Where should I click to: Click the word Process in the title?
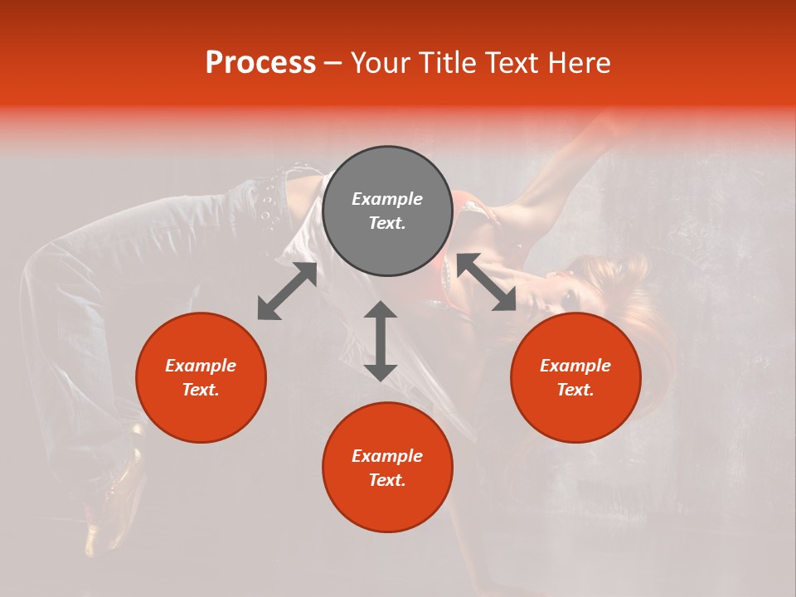[x=260, y=63]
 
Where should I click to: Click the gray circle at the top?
[x=387, y=211]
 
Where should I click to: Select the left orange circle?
[x=201, y=377]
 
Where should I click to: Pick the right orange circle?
[x=575, y=377]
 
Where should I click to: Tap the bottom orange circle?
[x=387, y=468]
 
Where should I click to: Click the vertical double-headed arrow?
[x=381, y=341]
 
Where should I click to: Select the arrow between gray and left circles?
[x=287, y=291]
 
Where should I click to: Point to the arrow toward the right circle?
[x=487, y=282]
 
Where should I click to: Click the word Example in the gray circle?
[x=387, y=199]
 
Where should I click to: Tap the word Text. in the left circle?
[x=201, y=390]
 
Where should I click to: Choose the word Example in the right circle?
[x=575, y=366]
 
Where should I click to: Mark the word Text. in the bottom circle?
[x=387, y=480]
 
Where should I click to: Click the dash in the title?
[x=333, y=63]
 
